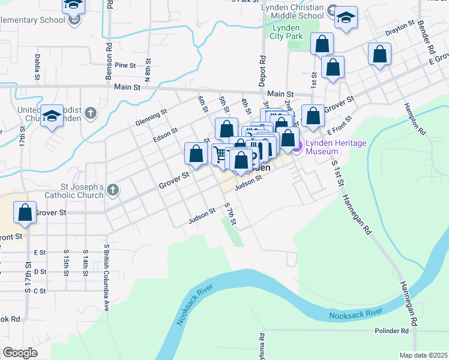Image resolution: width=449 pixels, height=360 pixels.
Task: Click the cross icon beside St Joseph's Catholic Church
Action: click(x=113, y=191)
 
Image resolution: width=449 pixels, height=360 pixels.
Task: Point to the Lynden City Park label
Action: click(x=286, y=32)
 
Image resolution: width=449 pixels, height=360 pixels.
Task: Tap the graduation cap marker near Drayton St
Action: click(x=346, y=17)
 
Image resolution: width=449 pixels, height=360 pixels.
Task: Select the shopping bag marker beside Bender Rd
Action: click(x=379, y=55)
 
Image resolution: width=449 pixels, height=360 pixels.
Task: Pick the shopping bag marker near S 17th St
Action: click(x=25, y=213)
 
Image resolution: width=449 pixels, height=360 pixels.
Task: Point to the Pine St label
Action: click(x=127, y=65)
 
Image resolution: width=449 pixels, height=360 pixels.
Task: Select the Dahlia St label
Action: click(x=37, y=67)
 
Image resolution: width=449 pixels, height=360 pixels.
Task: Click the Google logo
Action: click(x=20, y=353)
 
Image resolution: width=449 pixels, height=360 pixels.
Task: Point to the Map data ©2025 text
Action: click(x=423, y=355)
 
